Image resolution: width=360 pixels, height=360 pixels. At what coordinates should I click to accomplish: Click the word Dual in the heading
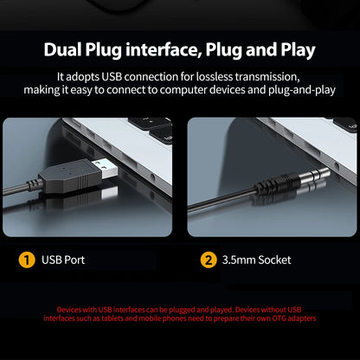[62, 49]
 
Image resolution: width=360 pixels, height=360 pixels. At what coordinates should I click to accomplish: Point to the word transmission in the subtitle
[267, 77]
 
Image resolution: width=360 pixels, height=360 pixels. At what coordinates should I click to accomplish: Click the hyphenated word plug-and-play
[302, 90]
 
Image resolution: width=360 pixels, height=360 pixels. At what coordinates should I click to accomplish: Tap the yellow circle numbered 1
[27, 260]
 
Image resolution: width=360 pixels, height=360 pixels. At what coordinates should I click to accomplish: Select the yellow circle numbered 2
[209, 260]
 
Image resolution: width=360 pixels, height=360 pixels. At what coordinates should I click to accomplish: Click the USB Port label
[63, 260]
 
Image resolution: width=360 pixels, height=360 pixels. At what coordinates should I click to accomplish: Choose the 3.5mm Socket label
[256, 260]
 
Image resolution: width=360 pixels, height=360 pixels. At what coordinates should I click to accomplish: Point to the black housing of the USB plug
[70, 176]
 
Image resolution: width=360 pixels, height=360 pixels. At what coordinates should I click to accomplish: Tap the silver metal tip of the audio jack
[315, 175]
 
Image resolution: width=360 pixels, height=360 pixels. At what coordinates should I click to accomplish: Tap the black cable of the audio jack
[222, 199]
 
